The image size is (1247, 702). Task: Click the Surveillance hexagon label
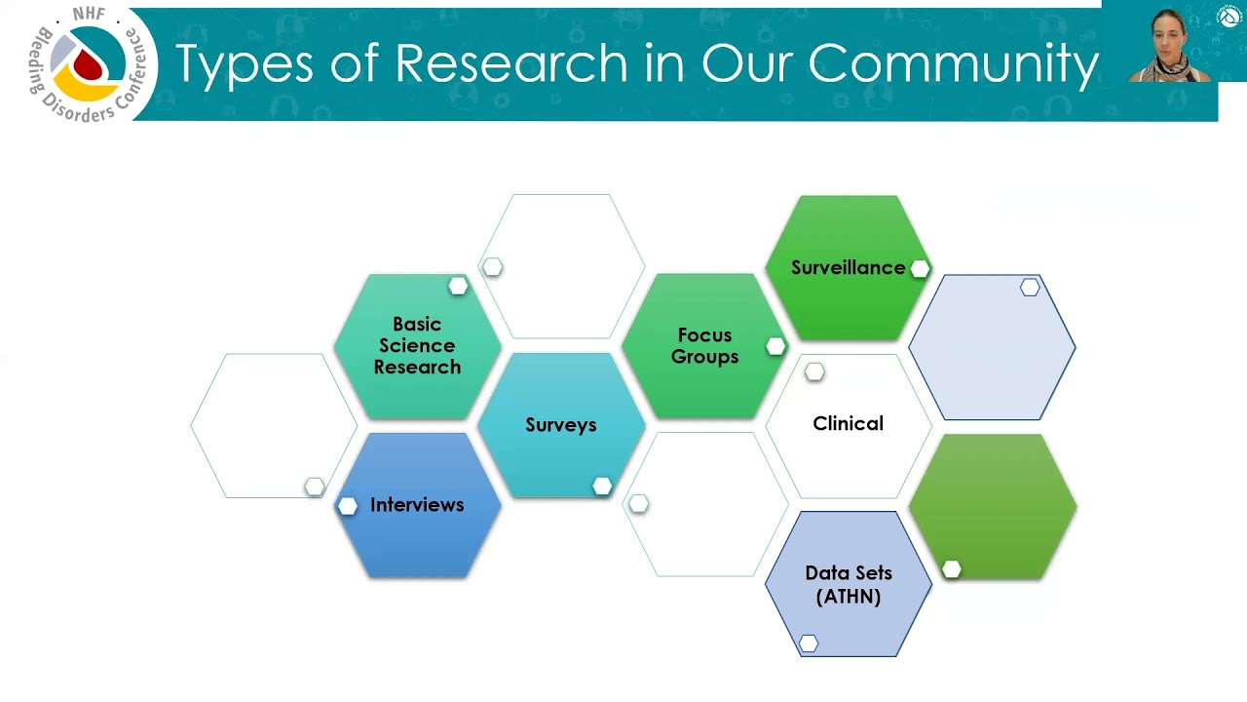[x=848, y=267]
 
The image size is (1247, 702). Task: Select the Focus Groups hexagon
[x=704, y=346]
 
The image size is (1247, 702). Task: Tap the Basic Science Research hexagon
[x=417, y=346]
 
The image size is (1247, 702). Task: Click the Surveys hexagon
[x=560, y=425]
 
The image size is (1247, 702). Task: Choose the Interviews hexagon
[x=417, y=505]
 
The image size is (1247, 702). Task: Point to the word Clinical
[x=848, y=424]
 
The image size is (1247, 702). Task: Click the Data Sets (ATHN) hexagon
[x=848, y=584]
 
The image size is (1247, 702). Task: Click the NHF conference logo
[x=90, y=64]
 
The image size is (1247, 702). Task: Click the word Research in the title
[x=511, y=63]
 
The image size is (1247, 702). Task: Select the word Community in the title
[x=954, y=63]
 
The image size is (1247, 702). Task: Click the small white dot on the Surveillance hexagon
[x=920, y=268]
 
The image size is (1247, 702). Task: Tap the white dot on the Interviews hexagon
[x=348, y=506]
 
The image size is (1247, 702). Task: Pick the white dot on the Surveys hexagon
[x=602, y=486]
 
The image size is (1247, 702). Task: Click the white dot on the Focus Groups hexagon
[x=775, y=346]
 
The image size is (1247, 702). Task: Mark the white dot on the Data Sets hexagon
[x=809, y=643]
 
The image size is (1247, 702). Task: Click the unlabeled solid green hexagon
[x=992, y=506]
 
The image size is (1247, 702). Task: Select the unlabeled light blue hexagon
[x=992, y=348]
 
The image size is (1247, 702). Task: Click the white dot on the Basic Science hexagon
[x=458, y=286]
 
